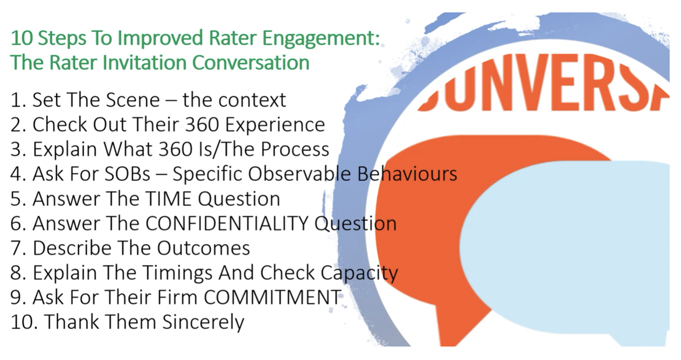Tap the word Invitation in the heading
(x=144, y=63)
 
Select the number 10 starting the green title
(x=22, y=38)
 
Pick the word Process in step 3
(x=295, y=149)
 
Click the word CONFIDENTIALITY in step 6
(x=226, y=224)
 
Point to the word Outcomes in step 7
(x=204, y=248)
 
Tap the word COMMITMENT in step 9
(x=272, y=297)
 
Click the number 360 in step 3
(x=176, y=149)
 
